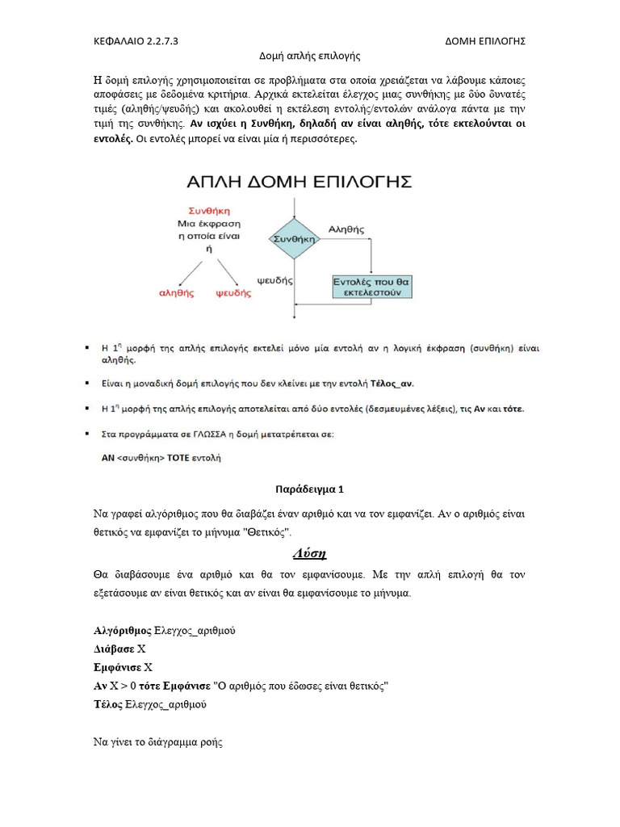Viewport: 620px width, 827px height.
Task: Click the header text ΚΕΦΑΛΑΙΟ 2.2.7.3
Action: click(x=136, y=41)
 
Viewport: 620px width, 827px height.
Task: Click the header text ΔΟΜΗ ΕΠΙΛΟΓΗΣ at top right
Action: click(x=485, y=41)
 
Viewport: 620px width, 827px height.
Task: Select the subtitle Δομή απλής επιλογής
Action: click(x=309, y=57)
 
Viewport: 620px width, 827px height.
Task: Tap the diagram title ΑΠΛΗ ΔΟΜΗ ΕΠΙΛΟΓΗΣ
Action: click(x=300, y=180)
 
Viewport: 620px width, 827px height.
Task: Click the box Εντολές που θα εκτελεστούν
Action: click(x=373, y=287)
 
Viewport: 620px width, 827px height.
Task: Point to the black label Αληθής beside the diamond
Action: click(x=346, y=229)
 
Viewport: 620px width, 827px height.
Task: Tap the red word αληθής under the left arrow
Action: click(x=176, y=294)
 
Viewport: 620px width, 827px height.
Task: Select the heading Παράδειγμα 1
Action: click(x=309, y=489)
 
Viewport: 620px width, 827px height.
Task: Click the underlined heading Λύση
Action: click(x=308, y=554)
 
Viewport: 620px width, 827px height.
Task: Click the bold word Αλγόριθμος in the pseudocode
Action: click(x=122, y=630)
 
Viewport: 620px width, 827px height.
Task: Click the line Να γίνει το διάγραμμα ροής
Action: click(x=157, y=742)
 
